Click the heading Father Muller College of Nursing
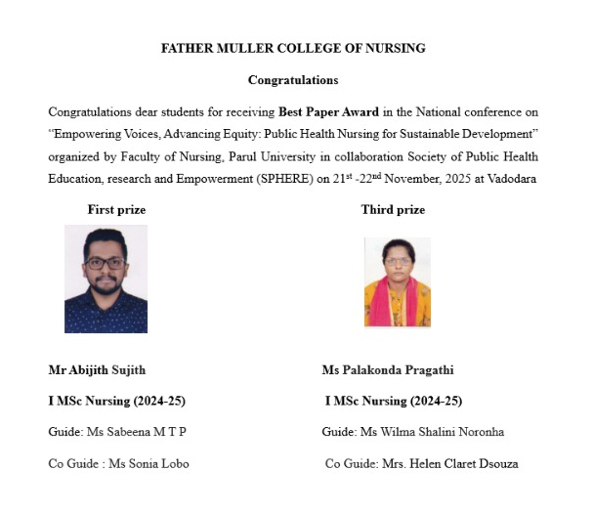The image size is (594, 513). pyautogui.click(x=293, y=48)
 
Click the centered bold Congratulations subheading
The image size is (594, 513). pyautogui.click(x=293, y=80)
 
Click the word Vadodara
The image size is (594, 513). pyautogui.click(x=510, y=180)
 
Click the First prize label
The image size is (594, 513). pyautogui.click(x=116, y=210)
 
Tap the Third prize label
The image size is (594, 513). pyautogui.click(x=393, y=210)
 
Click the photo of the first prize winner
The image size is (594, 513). pyautogui.click(x=106, y=278)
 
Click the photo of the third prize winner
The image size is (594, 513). pyautogui.click(x=397, y=282)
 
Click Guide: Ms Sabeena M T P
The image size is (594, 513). pyautogui.click(x=117, y=431)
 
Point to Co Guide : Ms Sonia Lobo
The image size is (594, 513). pyautogui.click(x=118, y=463)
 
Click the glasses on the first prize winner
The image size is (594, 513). pyautogui.click(x=106, y=262)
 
